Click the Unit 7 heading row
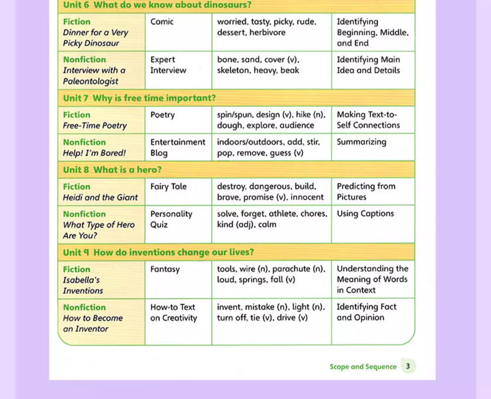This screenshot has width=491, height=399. [x=139, y=98]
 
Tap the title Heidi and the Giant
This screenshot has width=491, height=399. [x=100, y=197]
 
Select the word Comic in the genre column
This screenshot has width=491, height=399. [x=162, y=22]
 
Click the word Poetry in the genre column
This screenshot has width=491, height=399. [x=162, y=115]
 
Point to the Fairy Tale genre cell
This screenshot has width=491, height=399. [x=168, y=187]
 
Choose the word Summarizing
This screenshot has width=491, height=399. [x=361, y=142]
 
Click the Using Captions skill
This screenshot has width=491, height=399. [x=365, y=214]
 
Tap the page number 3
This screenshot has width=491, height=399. [x=408, y=366]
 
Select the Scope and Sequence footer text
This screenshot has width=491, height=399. [x=363, y=367]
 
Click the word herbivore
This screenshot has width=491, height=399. [x=267, y=32]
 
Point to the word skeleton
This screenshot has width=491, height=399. [x=233, y=70]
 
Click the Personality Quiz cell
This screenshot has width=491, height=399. [x=171, y=219]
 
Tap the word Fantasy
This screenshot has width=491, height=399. [x=165, y=269]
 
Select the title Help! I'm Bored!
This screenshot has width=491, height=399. [x=94, y=153]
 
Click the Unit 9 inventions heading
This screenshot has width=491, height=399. [x=158, y=252]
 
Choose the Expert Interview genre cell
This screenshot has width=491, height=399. [x=168, y=65]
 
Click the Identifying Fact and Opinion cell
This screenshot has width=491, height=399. [x=366, y=312]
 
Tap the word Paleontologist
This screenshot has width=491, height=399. [x=90, y=81]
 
